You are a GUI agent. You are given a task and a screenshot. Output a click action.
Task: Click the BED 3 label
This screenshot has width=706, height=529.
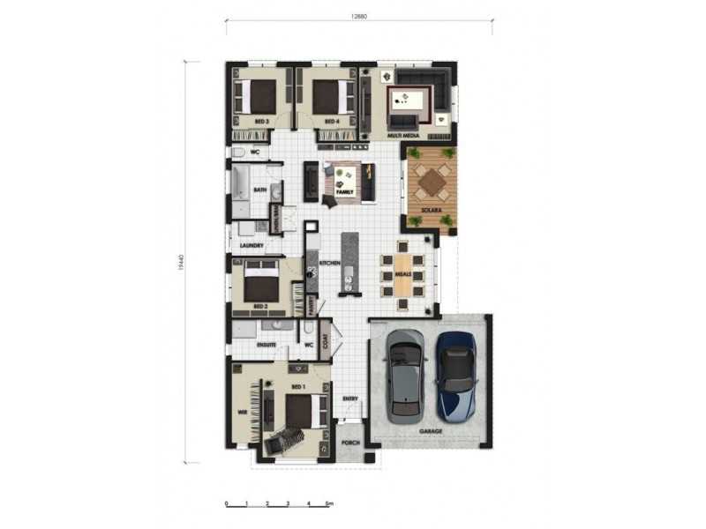261,121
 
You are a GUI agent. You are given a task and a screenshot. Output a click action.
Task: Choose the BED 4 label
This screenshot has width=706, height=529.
332,121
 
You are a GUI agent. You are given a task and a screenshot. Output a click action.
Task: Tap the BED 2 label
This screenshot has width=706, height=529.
259,307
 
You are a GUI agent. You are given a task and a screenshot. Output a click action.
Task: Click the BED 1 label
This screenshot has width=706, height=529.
297,386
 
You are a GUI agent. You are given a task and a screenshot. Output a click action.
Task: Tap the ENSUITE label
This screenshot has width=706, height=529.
267,346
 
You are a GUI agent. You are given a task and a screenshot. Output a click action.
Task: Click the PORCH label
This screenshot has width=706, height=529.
350,444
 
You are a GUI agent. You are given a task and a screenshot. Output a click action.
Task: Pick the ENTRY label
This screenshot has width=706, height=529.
350,398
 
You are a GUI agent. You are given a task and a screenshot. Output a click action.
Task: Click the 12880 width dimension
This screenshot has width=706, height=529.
358,15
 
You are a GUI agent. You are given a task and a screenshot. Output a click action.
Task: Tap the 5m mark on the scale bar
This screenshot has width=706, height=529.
328,504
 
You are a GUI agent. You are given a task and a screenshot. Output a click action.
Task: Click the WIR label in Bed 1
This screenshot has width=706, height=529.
240,411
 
